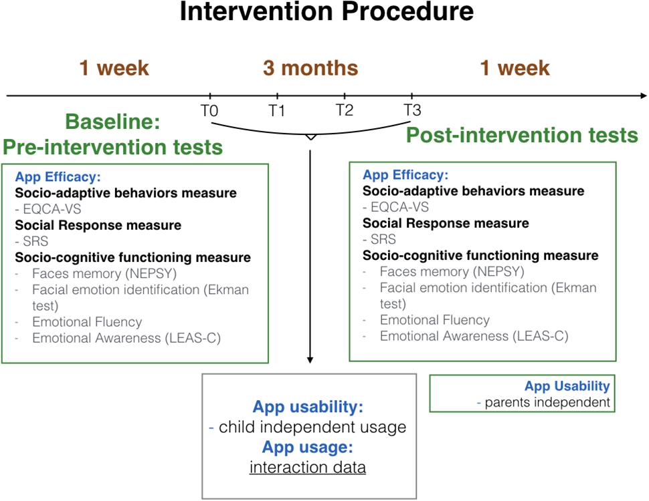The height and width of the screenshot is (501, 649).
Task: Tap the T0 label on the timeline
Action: pos(209,111)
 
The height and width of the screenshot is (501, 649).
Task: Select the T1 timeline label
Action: pos(277,111)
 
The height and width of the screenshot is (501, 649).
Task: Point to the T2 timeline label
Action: pos(345,110)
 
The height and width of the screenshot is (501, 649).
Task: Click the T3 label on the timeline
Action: pos(412,110)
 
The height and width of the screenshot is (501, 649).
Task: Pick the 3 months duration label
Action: pos(310,67)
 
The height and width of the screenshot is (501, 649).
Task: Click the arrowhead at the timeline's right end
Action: pos(644,96)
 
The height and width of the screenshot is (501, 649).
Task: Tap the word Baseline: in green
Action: pos(112,122)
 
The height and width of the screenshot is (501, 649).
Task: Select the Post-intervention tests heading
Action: pos(522,135)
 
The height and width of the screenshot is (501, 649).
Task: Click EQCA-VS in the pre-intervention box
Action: pos(52,209)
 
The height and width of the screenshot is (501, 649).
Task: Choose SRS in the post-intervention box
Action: pos(383,239)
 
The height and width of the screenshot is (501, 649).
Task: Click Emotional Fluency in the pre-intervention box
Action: pos(87,322)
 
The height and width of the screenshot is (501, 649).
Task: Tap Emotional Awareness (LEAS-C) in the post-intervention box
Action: pos(474,336)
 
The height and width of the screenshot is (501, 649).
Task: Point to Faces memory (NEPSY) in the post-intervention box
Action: pos(452,272)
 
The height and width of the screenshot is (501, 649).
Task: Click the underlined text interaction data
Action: pos(308,468)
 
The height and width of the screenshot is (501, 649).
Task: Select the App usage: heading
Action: pos(308,448)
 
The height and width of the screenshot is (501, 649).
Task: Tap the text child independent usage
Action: pos(312,427)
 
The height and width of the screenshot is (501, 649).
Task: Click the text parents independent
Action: pos(547,402)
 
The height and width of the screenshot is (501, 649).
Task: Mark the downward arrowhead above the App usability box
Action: pos(310,360)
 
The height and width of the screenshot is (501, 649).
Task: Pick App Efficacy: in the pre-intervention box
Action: pos(58,177)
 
